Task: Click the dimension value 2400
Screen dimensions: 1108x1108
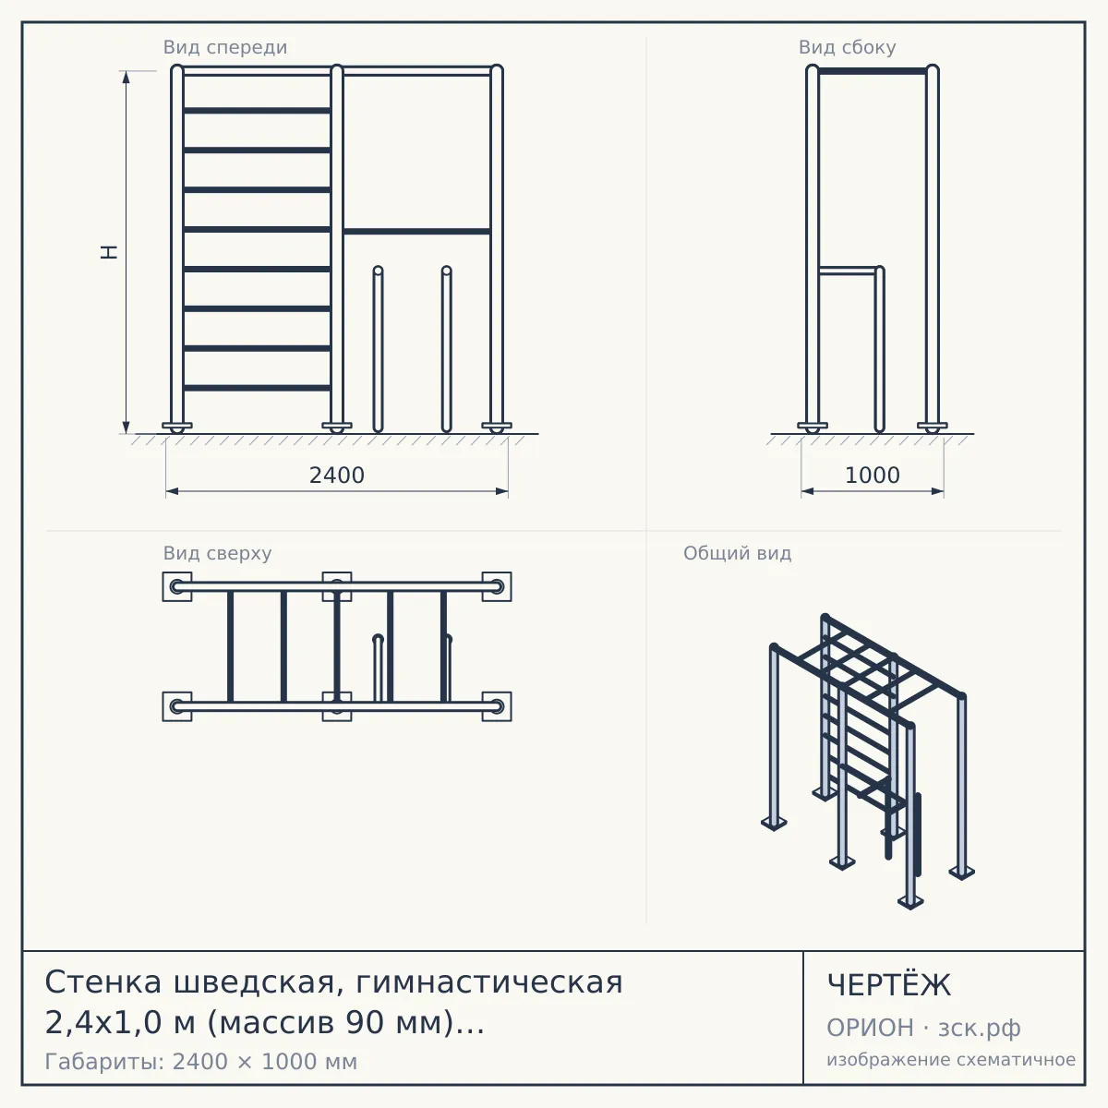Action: [x=336, y=476]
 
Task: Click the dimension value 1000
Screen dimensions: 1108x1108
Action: [x=872, y=476]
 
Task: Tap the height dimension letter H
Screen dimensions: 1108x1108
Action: [x=109, y=252]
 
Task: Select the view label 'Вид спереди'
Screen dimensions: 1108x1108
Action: [x=224, y=47]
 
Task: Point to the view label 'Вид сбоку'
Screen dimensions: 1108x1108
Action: [x=847, y=47]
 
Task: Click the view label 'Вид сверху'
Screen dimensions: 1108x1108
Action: [x=217, y=553]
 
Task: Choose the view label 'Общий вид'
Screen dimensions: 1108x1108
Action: [x=737, y=553]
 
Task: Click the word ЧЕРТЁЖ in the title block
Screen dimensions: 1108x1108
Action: [x=888, y=985]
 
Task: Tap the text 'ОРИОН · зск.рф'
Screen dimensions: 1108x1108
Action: [x=923, y=1028]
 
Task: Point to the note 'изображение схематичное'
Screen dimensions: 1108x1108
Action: [x=951, y=1059]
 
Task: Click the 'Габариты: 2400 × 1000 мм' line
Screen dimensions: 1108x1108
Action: [x=200, y=1062]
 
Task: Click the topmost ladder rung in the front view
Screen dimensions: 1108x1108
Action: [x=257, y=111]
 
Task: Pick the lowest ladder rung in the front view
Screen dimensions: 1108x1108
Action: [x=257, y=388]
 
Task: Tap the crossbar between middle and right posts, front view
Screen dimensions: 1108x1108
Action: [x=416, y=232]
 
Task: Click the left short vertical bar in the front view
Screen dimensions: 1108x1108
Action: [x=378, y=349]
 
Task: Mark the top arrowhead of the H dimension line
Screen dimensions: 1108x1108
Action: [x=126, y=77]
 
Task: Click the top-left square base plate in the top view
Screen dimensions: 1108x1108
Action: [x=177, y=586]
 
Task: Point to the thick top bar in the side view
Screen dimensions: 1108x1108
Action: [x=873, y=71]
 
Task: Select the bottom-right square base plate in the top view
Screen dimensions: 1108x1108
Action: [x=497, y=706]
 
